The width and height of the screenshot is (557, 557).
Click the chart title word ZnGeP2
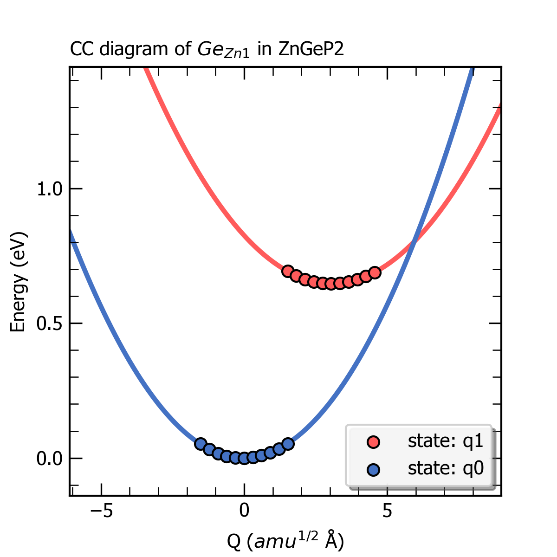(x=311, y=49)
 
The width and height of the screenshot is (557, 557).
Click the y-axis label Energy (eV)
(x=18, y=282)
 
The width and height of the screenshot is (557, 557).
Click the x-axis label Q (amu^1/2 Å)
(x=285, y=541)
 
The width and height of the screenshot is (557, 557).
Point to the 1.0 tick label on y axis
(x=49, y=189)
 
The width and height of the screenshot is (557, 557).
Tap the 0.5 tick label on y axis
(x=49, y=324)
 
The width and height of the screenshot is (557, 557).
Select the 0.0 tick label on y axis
(x=49, y=459)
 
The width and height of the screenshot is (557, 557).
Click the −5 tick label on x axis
(x=101, y=512)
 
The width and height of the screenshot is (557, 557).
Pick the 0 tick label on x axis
(x=244, y=512)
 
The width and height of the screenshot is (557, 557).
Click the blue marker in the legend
(x=373, y=470)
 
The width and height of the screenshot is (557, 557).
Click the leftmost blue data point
(x=201, y=444)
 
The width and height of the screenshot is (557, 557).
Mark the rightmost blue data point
(x=288, y=444)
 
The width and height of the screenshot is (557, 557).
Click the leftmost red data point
(x=288, y=271)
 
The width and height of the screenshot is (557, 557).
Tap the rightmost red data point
(x=375, y=272)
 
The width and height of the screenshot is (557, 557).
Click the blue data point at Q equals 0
(x=244, y=459)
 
